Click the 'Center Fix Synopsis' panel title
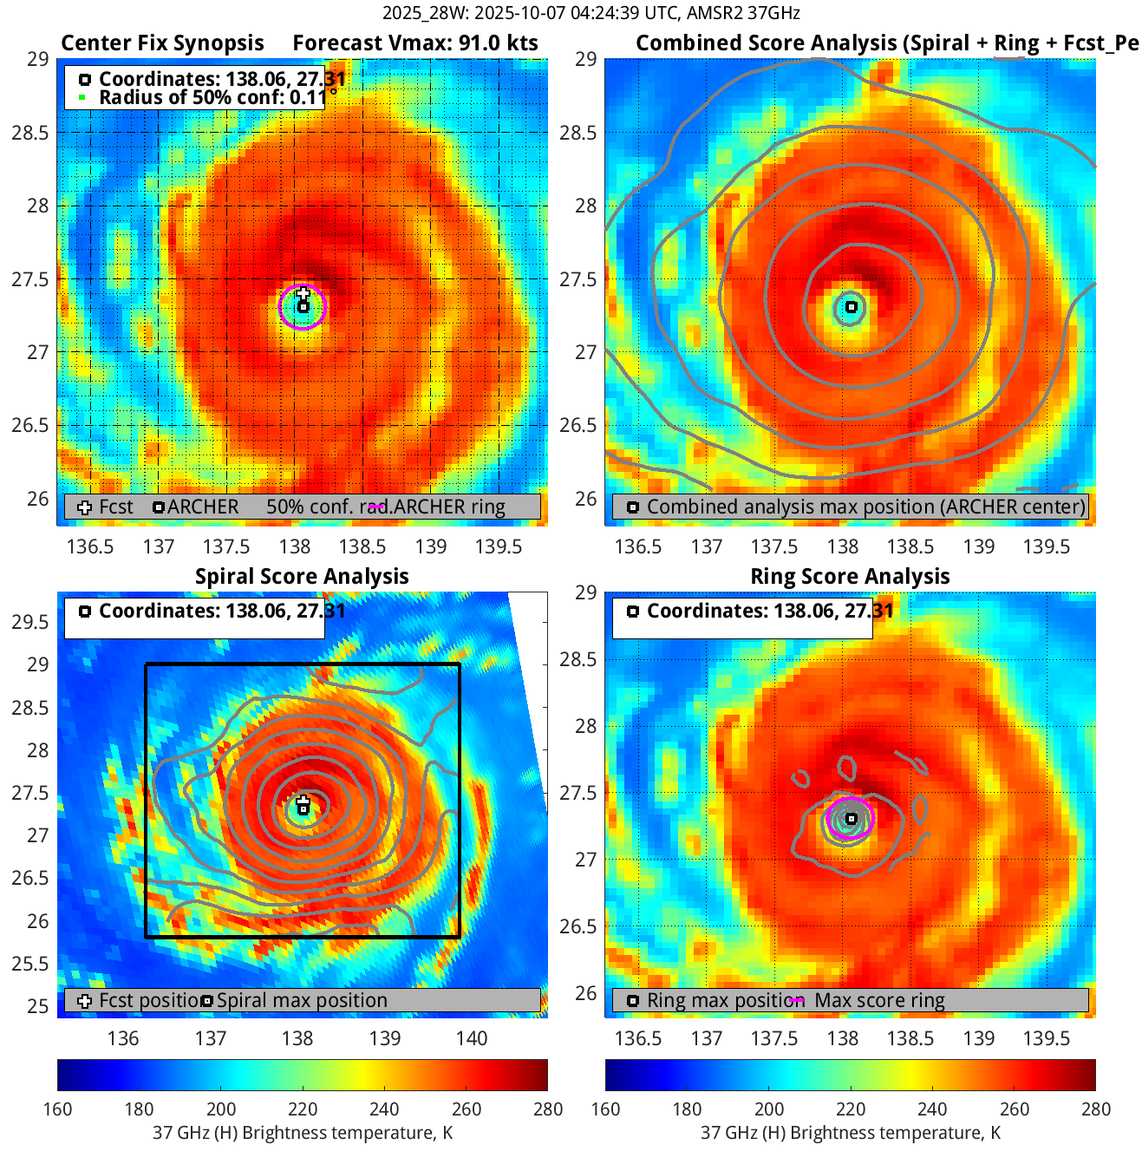[162, 43]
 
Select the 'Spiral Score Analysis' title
[302, 577]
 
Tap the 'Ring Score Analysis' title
[850, 577]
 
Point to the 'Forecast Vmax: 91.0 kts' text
[415, 43]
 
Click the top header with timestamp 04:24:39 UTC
[591, 13]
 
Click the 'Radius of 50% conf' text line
[212, 97]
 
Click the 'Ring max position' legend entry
[720, 1001]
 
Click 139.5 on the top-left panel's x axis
[499, 546]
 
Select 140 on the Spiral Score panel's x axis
[472, 1038]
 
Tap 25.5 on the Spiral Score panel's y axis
[36, 964]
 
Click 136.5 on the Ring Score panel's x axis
[638, 1038]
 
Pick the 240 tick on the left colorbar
[384, 1109]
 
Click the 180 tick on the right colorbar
[687, 1109]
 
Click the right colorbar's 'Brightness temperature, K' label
[850, 1133]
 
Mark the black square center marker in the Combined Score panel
[852, 307]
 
